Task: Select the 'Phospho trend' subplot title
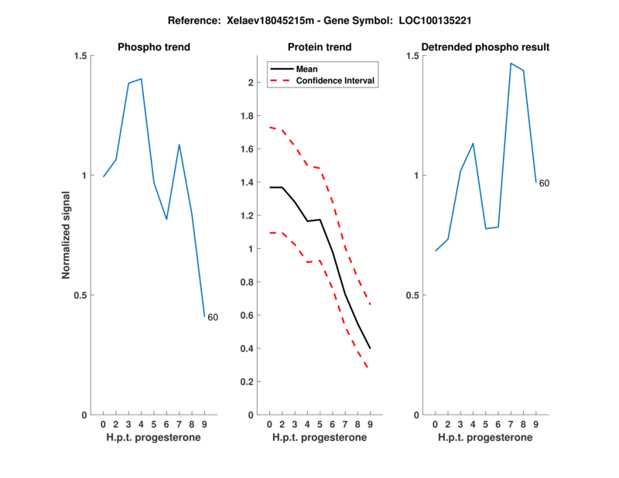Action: [154, 47]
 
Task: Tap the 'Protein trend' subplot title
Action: [320, 47]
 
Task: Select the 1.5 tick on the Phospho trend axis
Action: [80, 56]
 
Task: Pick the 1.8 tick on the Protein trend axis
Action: [248, 116]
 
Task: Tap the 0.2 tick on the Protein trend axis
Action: [248, 382]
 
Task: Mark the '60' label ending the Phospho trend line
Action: [213, 317]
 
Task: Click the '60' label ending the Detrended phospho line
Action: [544, 183]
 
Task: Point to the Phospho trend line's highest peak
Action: [141, 79]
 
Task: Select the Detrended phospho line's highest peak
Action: [511, 63]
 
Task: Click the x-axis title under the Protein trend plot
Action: [320, 438]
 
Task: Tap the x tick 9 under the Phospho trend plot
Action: [204, 424]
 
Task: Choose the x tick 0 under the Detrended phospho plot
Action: [435, 424]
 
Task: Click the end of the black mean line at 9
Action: [370, 348]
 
